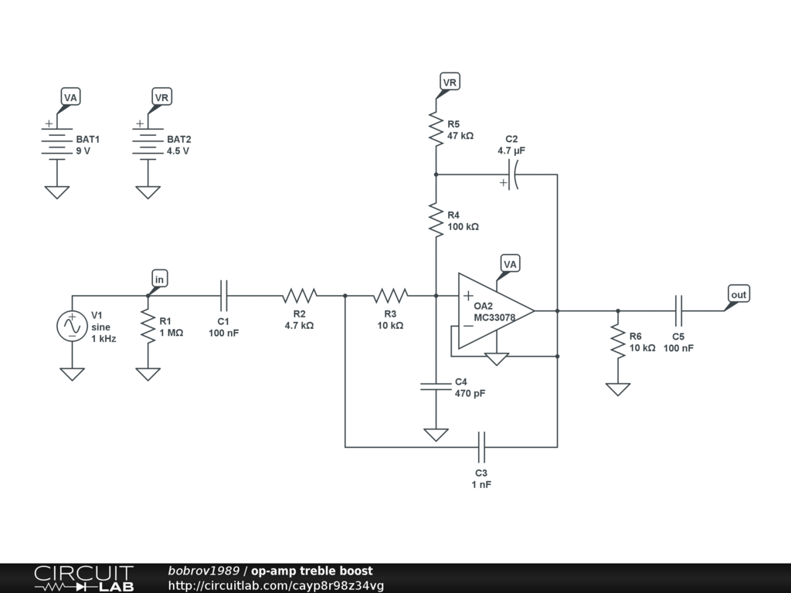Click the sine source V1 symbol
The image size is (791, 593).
73,326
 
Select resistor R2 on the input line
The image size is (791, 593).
300,295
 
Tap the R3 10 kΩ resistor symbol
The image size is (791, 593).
391,295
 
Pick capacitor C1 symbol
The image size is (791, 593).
224,295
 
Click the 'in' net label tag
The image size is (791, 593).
160,279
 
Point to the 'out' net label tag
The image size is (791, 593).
738,294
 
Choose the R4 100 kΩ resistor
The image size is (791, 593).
436,220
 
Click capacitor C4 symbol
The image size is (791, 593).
436,385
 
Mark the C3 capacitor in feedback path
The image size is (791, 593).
481,446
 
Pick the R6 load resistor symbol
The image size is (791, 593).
617,341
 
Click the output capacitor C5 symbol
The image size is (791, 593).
679,310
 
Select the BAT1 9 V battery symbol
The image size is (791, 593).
56,144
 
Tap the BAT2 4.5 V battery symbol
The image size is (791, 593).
148,144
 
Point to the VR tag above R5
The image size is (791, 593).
449,82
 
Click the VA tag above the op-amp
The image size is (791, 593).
510,263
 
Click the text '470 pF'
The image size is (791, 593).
470,394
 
